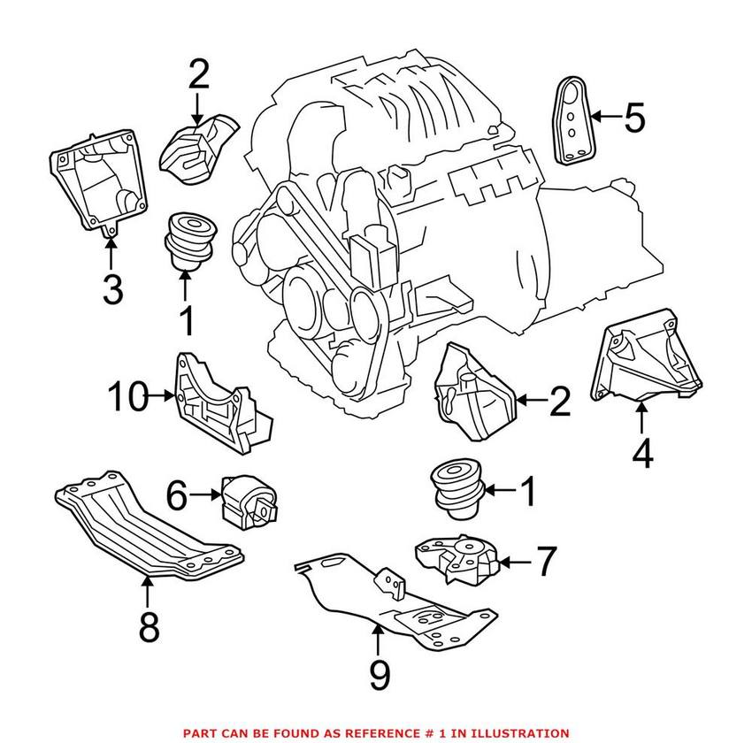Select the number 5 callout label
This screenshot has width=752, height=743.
point(633,118)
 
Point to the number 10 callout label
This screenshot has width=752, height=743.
point(130,398)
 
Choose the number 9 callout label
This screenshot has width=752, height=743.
point(379,677)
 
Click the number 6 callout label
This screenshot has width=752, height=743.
point(176,496)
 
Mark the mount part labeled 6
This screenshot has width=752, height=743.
point(249,502)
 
